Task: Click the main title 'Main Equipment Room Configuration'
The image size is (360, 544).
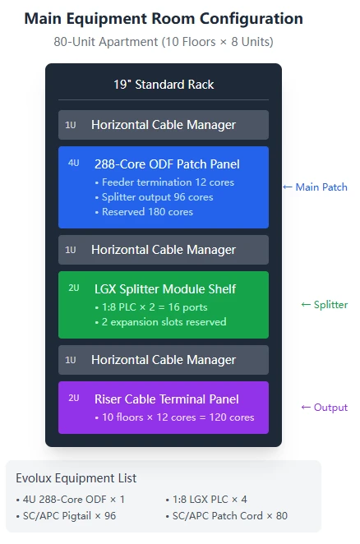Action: point(164,19)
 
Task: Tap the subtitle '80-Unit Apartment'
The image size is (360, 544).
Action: point(105,42)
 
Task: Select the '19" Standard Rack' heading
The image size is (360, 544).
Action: point(164,85)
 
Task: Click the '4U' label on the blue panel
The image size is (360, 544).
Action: point(74,163)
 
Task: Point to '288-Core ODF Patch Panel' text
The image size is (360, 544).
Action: point(167,164)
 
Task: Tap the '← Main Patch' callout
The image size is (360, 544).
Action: point(316,187)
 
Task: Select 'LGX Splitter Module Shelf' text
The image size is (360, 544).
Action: point(165,289)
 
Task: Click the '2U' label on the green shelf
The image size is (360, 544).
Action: point(74,288)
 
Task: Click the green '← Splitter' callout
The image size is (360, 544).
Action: point(325,305)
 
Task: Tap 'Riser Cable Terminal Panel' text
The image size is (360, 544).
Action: point(167,399)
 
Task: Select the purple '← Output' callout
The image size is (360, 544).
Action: point(325,408)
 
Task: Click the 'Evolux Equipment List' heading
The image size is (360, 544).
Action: point(76,478)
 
